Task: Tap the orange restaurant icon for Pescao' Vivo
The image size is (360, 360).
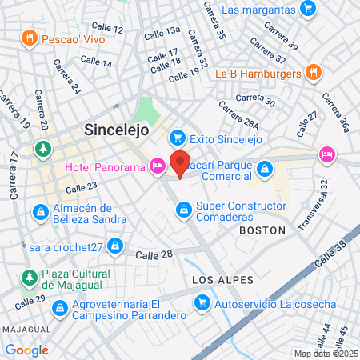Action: click(30, 38)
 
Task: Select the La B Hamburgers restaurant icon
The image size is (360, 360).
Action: click(314, 73)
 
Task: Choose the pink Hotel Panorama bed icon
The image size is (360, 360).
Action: click(158, 166)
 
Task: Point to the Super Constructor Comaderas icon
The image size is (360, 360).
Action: click(182, 211)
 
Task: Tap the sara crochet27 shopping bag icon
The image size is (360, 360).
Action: click(116, 246)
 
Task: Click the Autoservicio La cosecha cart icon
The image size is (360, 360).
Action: click(202, 304)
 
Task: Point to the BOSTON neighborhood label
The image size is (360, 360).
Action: click(262, 230)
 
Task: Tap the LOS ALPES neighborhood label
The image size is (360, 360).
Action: click(222, 280)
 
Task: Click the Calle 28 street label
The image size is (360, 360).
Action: click(154, 254)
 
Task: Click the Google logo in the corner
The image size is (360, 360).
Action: click(26, 350)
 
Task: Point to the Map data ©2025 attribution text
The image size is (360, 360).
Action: click(325, 354)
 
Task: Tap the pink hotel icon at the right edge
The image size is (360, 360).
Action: click(326, 154)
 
